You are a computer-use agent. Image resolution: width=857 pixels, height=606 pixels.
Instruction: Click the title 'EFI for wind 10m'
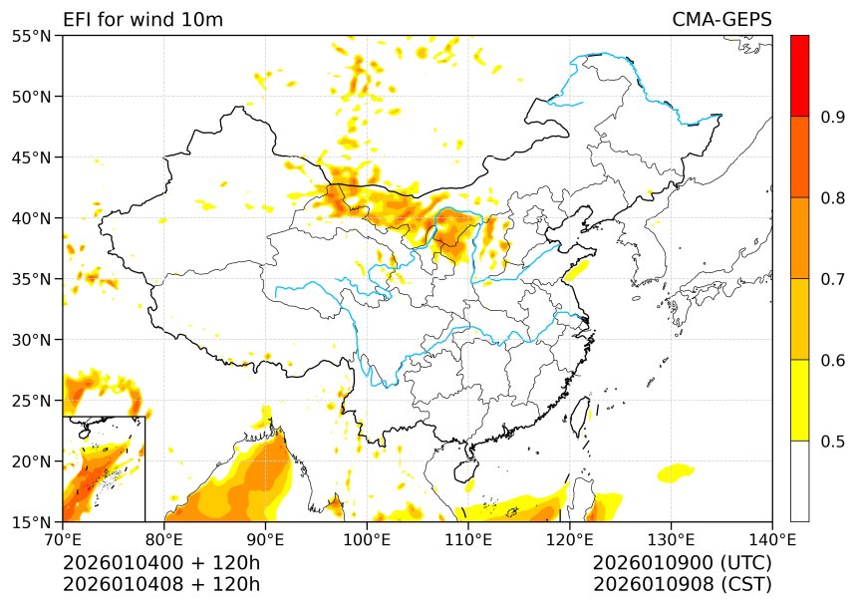click(x=143, y=20)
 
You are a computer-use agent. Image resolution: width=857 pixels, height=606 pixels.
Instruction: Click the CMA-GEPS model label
click(x=721, y=20)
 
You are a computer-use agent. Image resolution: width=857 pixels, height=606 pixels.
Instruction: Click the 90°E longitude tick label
click(x=266, y=539)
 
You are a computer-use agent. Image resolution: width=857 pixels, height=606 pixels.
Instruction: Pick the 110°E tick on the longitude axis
click(x=468, y=539)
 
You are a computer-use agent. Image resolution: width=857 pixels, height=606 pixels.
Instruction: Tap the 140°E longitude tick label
click(x=771, y=539)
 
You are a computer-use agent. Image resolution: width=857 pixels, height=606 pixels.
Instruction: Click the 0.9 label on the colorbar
click(x=833, y=117)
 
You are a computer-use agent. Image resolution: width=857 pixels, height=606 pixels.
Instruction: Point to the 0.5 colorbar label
click(x=833, y=442)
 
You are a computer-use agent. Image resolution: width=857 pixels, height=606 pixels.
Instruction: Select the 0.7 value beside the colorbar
click(x=833, y=279)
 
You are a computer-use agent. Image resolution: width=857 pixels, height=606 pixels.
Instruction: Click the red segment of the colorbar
click(x=799, y=76)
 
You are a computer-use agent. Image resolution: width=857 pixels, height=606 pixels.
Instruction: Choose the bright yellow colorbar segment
click(x=799, y=400)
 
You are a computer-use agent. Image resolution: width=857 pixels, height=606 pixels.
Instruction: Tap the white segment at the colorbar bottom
click(x=799, y=481)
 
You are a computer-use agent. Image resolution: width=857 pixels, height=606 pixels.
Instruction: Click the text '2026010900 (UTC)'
click(x=682, y=563)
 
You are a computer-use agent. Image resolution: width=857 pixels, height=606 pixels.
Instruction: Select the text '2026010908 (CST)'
click(x=682, y=584)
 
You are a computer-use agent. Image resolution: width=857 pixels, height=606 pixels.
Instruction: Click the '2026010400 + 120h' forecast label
click(x=160, y=563)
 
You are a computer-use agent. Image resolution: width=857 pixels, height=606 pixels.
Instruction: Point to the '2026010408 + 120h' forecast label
click(x=160, y=584)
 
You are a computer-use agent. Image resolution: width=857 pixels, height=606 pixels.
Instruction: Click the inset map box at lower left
click(x=104, y=468)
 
